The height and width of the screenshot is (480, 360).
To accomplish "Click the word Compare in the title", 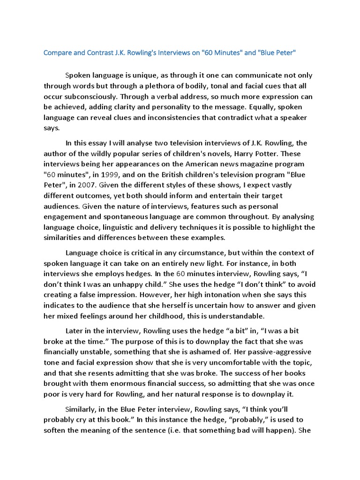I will tap(59, 52).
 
